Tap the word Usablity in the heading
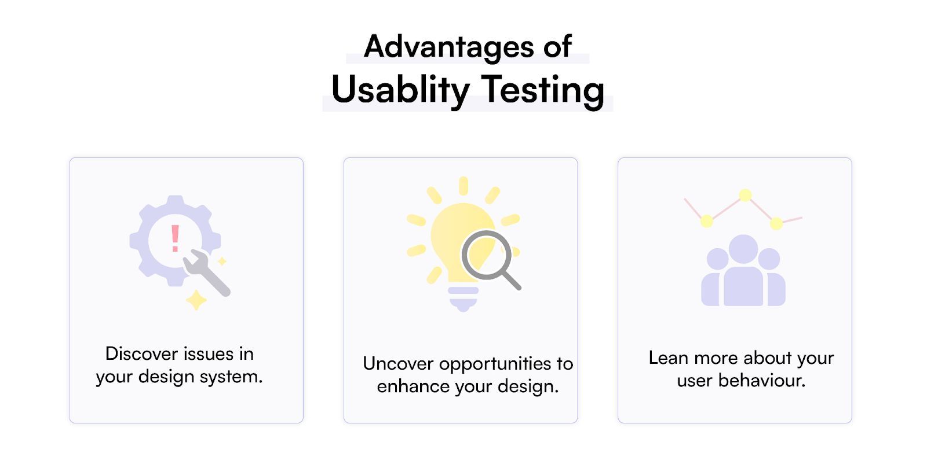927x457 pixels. (x=400, y=91)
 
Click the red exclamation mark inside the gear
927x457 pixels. (x=176, y=239)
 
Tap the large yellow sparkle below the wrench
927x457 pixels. (x=196, y=300)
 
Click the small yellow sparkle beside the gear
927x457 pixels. (x=222, y=261)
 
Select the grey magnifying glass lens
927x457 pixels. (x=487, y=256)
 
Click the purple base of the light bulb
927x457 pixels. (x=463, y=299)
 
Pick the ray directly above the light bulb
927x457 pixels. (x=463, y=186)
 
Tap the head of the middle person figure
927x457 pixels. (x=743, y=249)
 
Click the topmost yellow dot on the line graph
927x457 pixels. (x=745, y=195)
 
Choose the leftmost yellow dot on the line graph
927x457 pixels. (x=707, y=221)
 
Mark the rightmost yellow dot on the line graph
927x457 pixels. (x=776, y=223)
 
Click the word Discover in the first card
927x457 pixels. (x=141, y=354)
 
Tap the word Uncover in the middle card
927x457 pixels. (x=397, y=364)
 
